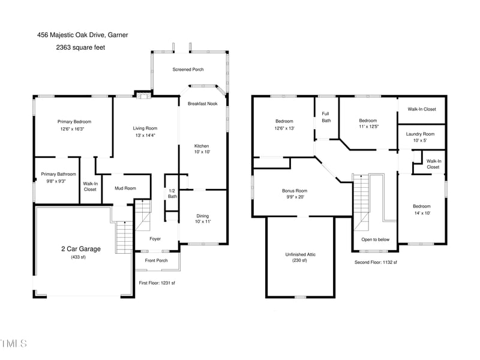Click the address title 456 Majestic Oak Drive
[82, 35]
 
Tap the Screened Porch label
[188, 70]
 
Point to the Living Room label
[145, 128]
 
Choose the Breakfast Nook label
[202, 104]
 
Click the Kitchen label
[201, 146]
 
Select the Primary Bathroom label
[58, 174]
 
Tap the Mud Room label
[125, 188]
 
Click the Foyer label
[155, 239]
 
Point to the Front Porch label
[157, 260]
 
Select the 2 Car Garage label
[80, 248]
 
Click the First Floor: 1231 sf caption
[157, 282]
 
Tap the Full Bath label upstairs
[326, 117]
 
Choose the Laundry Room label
[420, 134]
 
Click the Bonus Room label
[294, 191]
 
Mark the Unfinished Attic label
[299, 254]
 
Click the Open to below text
[375, 239]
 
